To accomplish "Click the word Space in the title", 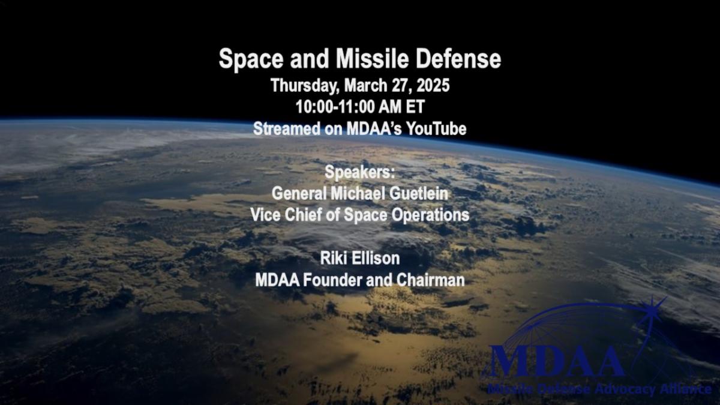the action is click(x=251, y=59).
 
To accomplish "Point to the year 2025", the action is click(x=433, y=85).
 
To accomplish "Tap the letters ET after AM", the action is click(x=415, y=107).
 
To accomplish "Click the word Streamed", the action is click(x=287, y=128).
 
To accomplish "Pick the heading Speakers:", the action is click(x=359, y=173).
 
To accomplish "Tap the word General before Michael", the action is click(x=299, y=193).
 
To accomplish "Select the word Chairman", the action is click(x=430, y=280).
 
